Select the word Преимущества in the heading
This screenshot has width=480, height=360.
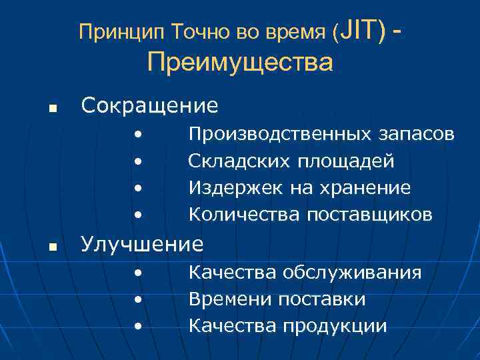240,63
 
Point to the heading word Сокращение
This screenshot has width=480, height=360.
149,105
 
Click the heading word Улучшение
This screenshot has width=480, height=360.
142,245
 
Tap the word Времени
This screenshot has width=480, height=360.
227,299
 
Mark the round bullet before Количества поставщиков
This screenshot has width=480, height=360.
137,215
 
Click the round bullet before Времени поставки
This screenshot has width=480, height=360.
137,299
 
